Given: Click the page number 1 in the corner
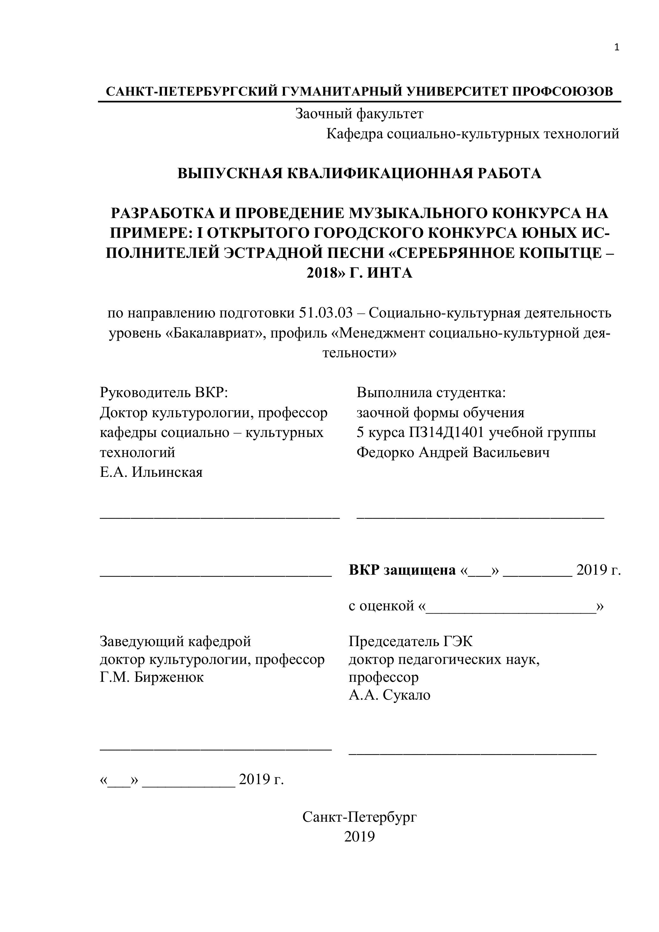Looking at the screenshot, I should click(617, 48).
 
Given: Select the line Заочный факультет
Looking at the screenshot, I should click(359, 114).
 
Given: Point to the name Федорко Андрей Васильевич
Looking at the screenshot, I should click(453, 452).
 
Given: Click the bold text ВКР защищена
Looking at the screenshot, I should click(402, 570).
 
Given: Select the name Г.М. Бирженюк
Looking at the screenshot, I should click(152, 677).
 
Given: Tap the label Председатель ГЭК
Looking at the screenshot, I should click(411, 641).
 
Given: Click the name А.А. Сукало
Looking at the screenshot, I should click(389, 695).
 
